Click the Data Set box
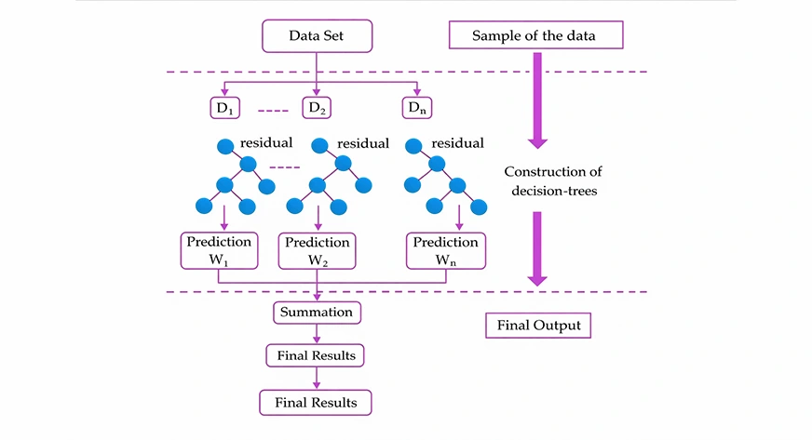pyautogui.click(x=317, y=35)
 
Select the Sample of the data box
pyautogui.click(x=535, y=35)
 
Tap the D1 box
pyautogui.click(x=223, y=108)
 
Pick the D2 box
pyautogui.click(x=317, y=108)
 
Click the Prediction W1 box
pyautogui.click(x=219, y=250)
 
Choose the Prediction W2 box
pyautogui.click(x=318, y=250)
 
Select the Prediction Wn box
pyautogui.click(x=446, y=250)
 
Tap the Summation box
pyautogui.click(x=318, y=313)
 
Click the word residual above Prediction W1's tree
pyautogui.click(x=266, y=143)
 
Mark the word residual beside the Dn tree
pyautogui.click(x=456, y=143)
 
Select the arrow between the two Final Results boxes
pyautogui.click(x=318, y=378)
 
